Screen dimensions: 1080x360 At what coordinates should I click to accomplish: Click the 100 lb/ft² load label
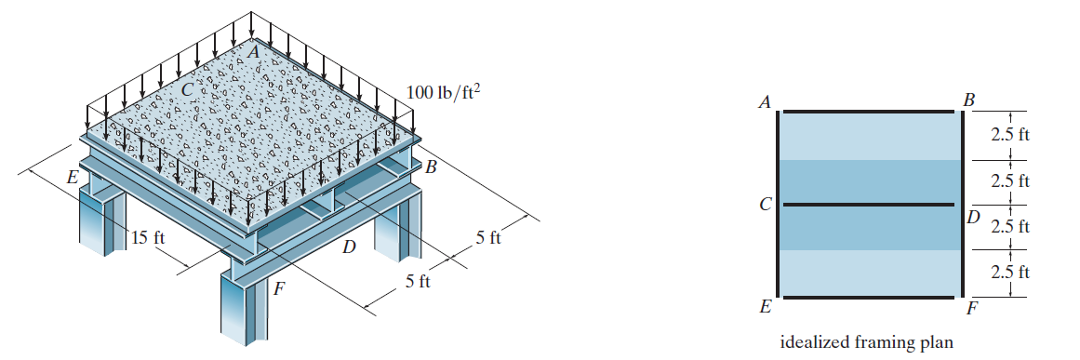tap(443, 92)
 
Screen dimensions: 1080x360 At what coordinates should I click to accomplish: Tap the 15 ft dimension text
tap(148, 238)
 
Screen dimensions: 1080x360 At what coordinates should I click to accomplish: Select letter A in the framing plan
tap(763, 102)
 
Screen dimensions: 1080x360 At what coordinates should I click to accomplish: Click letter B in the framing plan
tap(969, 100)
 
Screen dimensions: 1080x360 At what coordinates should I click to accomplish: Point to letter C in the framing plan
tap(764, 205)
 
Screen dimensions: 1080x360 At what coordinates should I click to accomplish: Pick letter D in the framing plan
tap(972, 219)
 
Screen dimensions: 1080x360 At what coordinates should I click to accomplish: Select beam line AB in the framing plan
tap(869, 111)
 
